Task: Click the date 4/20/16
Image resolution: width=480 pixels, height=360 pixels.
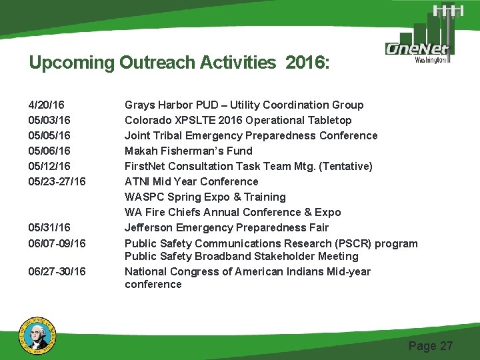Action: [x=46, y=105]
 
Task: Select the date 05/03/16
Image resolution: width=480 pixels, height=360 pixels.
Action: [x=49, y=120]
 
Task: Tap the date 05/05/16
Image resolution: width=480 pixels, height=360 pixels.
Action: [x=49, y=135]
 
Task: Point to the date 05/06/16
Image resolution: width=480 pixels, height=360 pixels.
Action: [x=49, y=151]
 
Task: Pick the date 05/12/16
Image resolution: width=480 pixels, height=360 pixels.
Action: [x=49, y=166]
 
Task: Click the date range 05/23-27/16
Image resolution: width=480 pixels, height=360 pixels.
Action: [x=57, y=181]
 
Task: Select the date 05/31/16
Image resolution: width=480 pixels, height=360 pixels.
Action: [x=49, y=227]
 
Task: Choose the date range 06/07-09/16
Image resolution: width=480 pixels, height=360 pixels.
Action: [x=57, y=243]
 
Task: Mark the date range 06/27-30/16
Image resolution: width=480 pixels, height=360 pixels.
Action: [x=57, y=271]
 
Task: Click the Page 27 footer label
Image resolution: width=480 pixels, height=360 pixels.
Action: [x=430, y=345]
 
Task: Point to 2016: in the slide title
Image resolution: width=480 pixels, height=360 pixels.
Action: [x=307, y=63]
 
